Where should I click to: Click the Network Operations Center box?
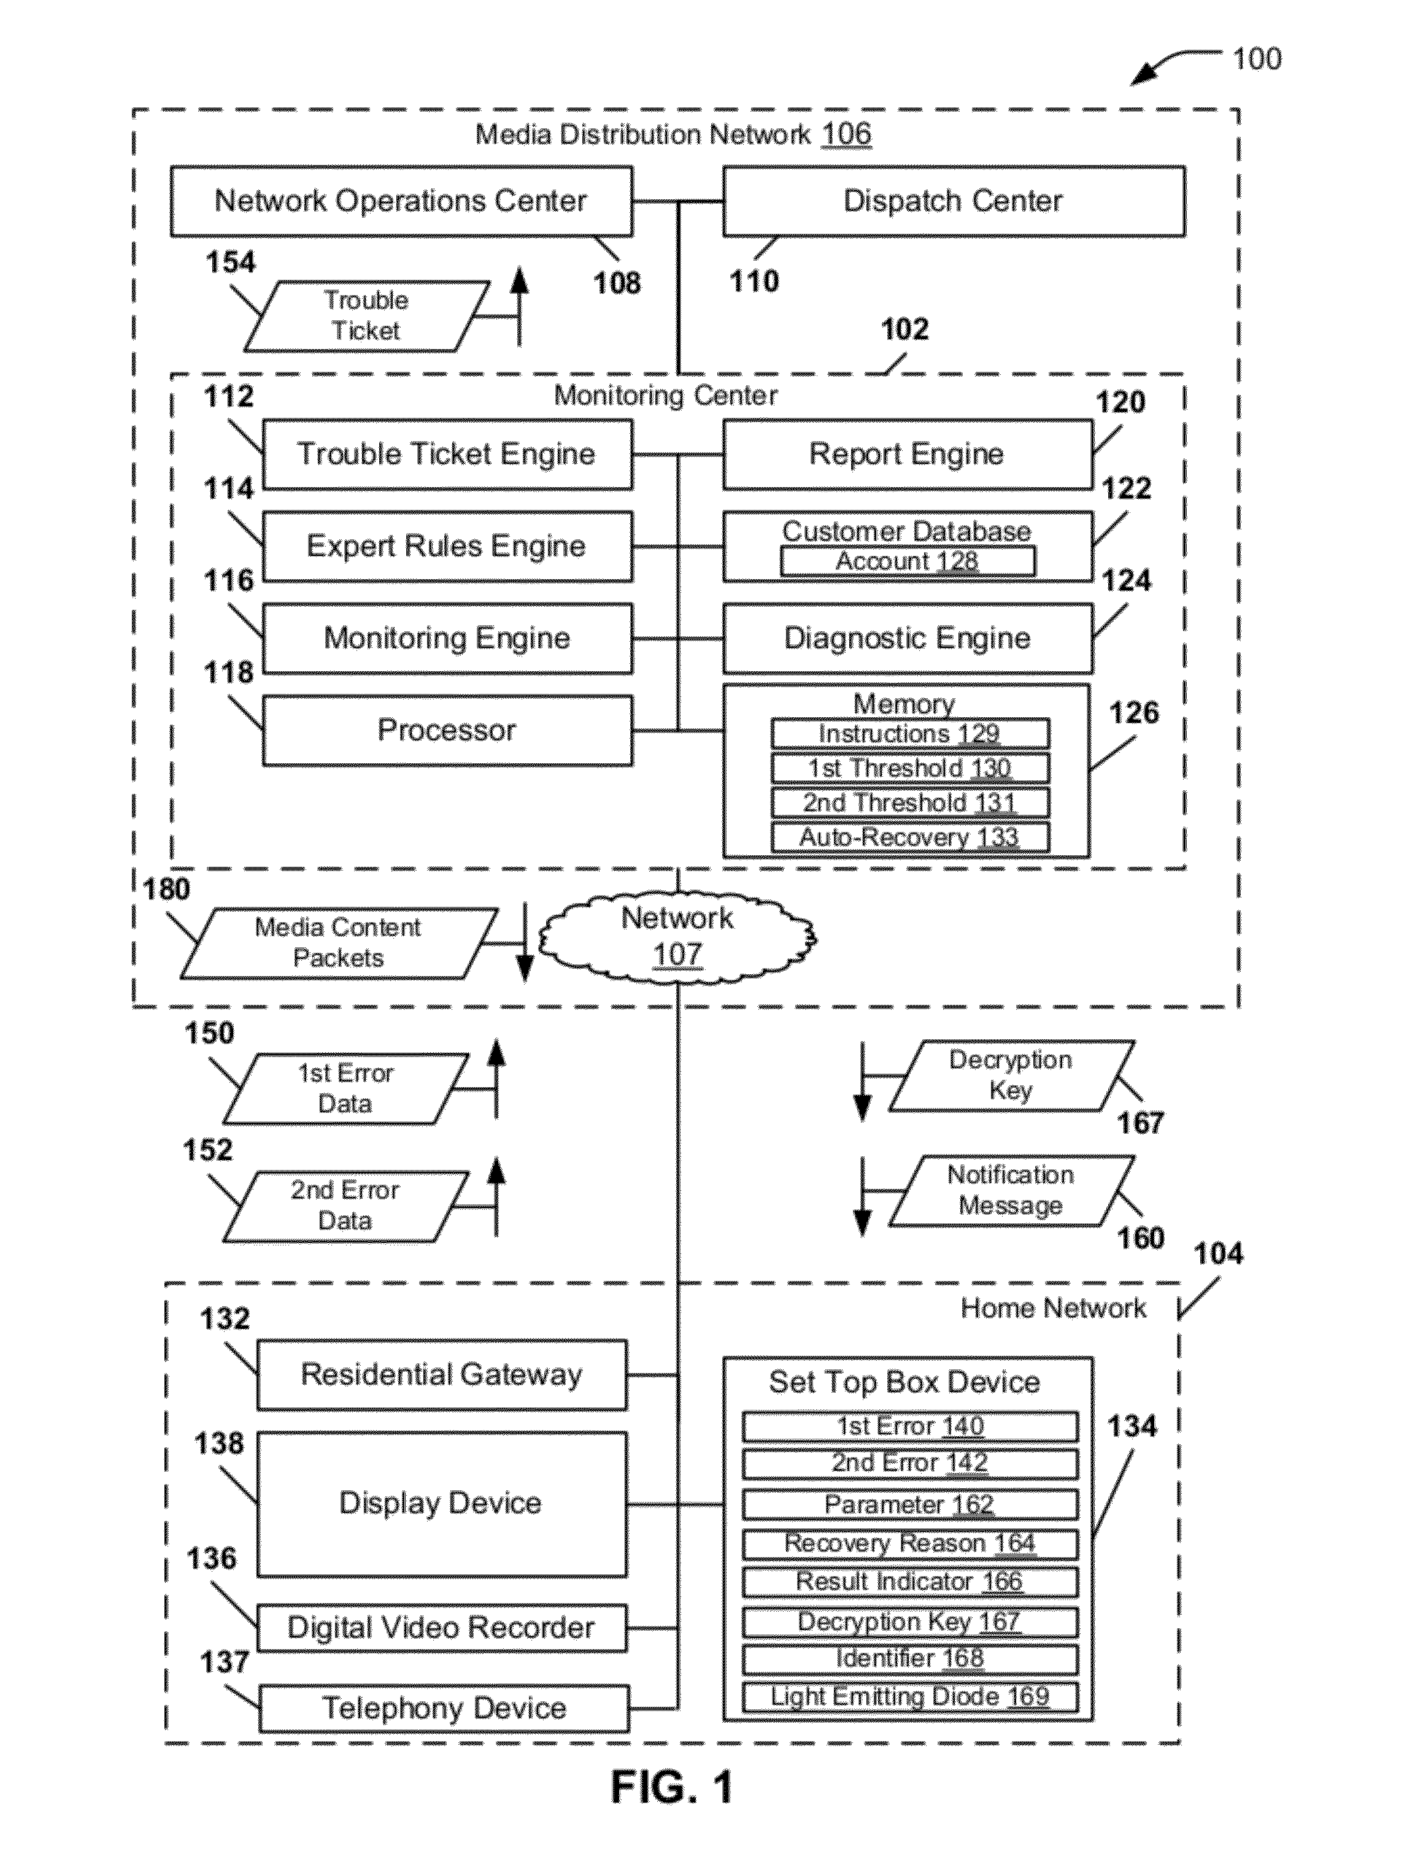point(401,201)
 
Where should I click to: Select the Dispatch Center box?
point(954,201)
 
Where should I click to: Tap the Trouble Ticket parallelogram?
point(366,316)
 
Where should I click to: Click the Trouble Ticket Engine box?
point(447,455)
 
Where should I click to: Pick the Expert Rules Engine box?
point(447,546)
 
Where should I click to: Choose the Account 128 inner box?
point(908,561)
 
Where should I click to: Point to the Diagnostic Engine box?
point(908,638)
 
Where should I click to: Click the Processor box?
point(447,731)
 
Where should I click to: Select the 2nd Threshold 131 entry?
point(910,802)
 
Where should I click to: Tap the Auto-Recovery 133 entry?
point(910,837)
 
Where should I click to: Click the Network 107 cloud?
point(677,936)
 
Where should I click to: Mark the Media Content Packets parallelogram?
point(338,943)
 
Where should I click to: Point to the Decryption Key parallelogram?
point(1011,1075)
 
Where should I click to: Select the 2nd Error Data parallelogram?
point(345,1206)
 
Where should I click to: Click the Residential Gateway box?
point(442,1375)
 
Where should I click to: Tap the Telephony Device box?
point(444,1708)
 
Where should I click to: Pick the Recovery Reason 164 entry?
point(910,1544)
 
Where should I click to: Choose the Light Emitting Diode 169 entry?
point(910,1696)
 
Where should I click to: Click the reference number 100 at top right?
point(1257,59)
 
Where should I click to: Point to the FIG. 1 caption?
point(672,1787)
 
